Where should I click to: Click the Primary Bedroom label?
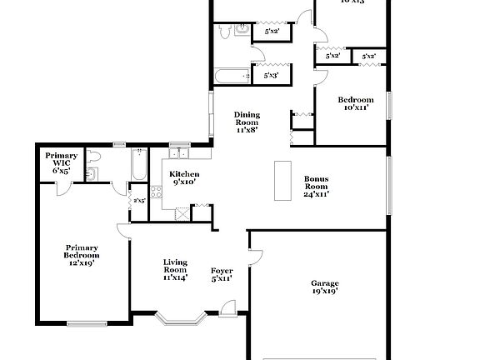pos(82,253)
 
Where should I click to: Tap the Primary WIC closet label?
pos(61,162)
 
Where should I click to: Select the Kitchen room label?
pos(185,177)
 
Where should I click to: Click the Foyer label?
pos(221,274)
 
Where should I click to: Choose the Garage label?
pos(324,287)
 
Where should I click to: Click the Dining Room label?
pos(246,122)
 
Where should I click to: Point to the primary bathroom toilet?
pos(94,157)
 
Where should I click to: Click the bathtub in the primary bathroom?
pos(138,166)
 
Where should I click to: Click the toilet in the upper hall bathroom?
pos(224,32)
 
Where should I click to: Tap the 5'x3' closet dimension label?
pos(271,75)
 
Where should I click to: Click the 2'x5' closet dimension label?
pos(138,201)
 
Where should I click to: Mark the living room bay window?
pos(178,318)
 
